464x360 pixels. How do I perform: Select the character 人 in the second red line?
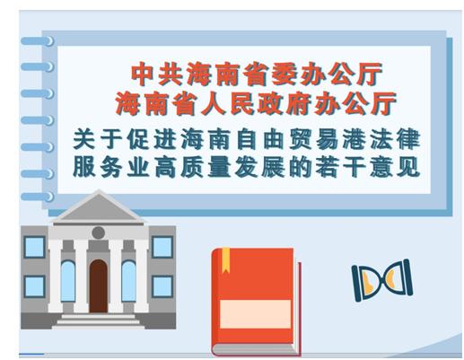[214, 104]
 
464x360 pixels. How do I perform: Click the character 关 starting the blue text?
[84, 139]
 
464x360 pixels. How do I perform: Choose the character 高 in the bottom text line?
[165, 167]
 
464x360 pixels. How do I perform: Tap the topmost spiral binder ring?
[38, 41]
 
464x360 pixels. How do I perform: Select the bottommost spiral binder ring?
[38, 197]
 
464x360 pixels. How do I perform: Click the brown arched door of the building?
[99, 286]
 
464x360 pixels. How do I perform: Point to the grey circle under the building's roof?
[99, 233]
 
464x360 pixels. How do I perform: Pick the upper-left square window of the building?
[35, 247]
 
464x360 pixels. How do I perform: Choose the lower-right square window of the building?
[162, 286]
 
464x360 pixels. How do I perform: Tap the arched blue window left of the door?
[68, 281]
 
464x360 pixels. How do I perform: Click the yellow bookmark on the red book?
[226, 260]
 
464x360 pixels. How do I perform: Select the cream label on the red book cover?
[256, 314]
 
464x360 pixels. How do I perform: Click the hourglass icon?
[382, 280]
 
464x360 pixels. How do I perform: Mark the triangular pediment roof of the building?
[99, 206]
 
